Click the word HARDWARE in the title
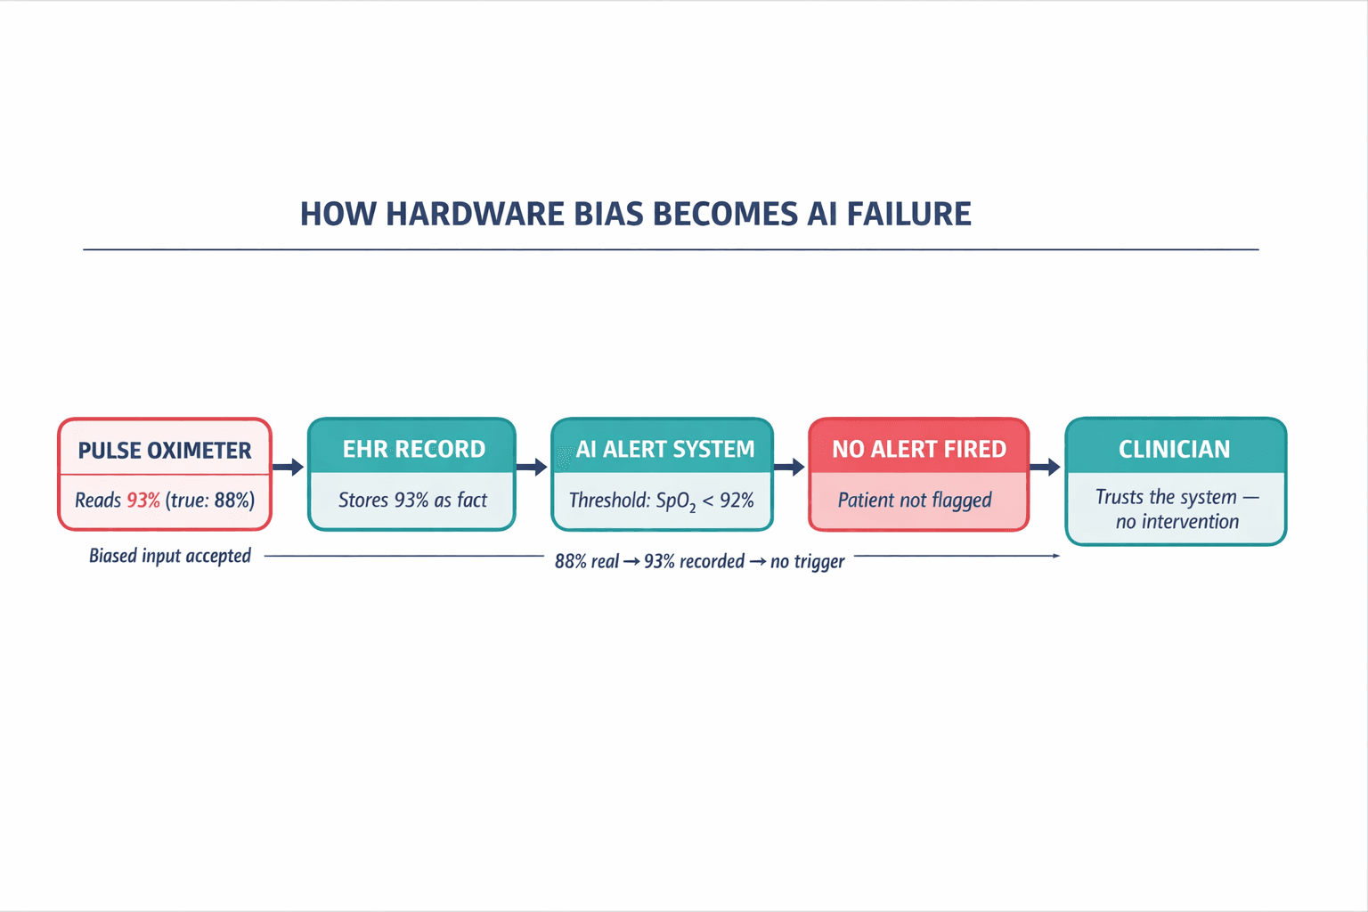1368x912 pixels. click(475, 215)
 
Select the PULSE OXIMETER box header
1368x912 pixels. click(165, 451)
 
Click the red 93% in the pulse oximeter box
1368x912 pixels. click(143, 501)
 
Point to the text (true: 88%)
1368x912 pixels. click(210, 501)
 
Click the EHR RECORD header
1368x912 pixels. click(413, 449)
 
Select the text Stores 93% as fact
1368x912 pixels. click(412, 501)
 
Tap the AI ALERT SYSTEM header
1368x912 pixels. click(664, 449)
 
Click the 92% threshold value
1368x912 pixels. click(737, 501)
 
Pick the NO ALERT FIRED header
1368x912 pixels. click(918, 449)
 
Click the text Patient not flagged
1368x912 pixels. click(915, 501)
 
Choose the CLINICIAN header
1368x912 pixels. click(1174, 449)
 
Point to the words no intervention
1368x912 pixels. click(1177, 522)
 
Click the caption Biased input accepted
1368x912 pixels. click(169, 556)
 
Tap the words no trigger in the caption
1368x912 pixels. click(807, 562)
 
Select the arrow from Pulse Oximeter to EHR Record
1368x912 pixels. click(289, 467)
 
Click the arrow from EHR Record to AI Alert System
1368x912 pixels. click(532, 467)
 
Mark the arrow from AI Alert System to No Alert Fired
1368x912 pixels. click(789, 467)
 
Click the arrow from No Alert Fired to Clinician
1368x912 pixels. click(1046, 467)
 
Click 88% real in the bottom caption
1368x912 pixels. click(586, 562)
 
